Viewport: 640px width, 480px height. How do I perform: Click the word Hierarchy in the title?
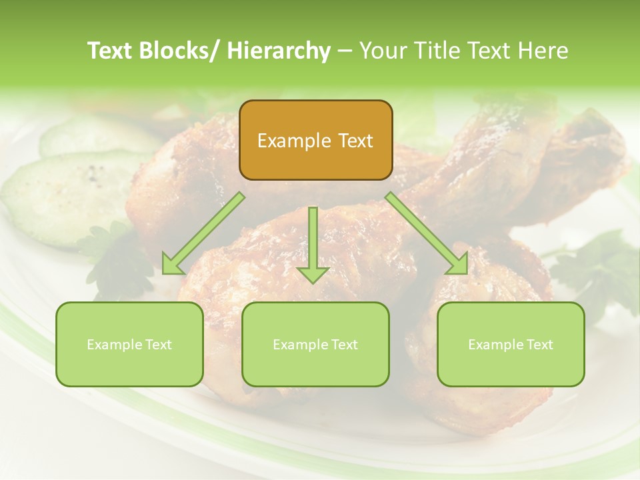coord(279,51)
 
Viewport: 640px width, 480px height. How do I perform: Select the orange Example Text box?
coord(315,141)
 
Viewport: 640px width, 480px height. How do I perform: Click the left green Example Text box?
coord(129,345)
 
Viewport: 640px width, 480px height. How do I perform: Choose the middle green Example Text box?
coord(315,345)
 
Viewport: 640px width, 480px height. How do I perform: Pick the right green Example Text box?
coord(511,345)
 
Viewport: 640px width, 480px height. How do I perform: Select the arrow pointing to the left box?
coord(203,233)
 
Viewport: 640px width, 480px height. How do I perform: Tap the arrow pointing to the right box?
coord(427,233)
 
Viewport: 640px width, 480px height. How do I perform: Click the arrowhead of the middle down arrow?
coord(313,274)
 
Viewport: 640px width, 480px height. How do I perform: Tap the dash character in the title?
coord(345,51)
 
